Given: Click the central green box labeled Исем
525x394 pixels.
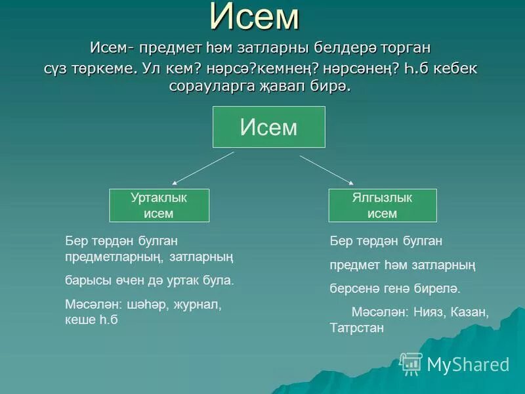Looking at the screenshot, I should tap(268, 127).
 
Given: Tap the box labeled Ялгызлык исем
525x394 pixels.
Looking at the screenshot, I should tap(382, 205).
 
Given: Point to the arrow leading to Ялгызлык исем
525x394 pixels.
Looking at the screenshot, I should tap(327, 170).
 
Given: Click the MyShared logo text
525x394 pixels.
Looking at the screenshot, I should tap(468, 364).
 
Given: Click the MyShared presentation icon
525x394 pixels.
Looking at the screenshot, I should tap(411, 363).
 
